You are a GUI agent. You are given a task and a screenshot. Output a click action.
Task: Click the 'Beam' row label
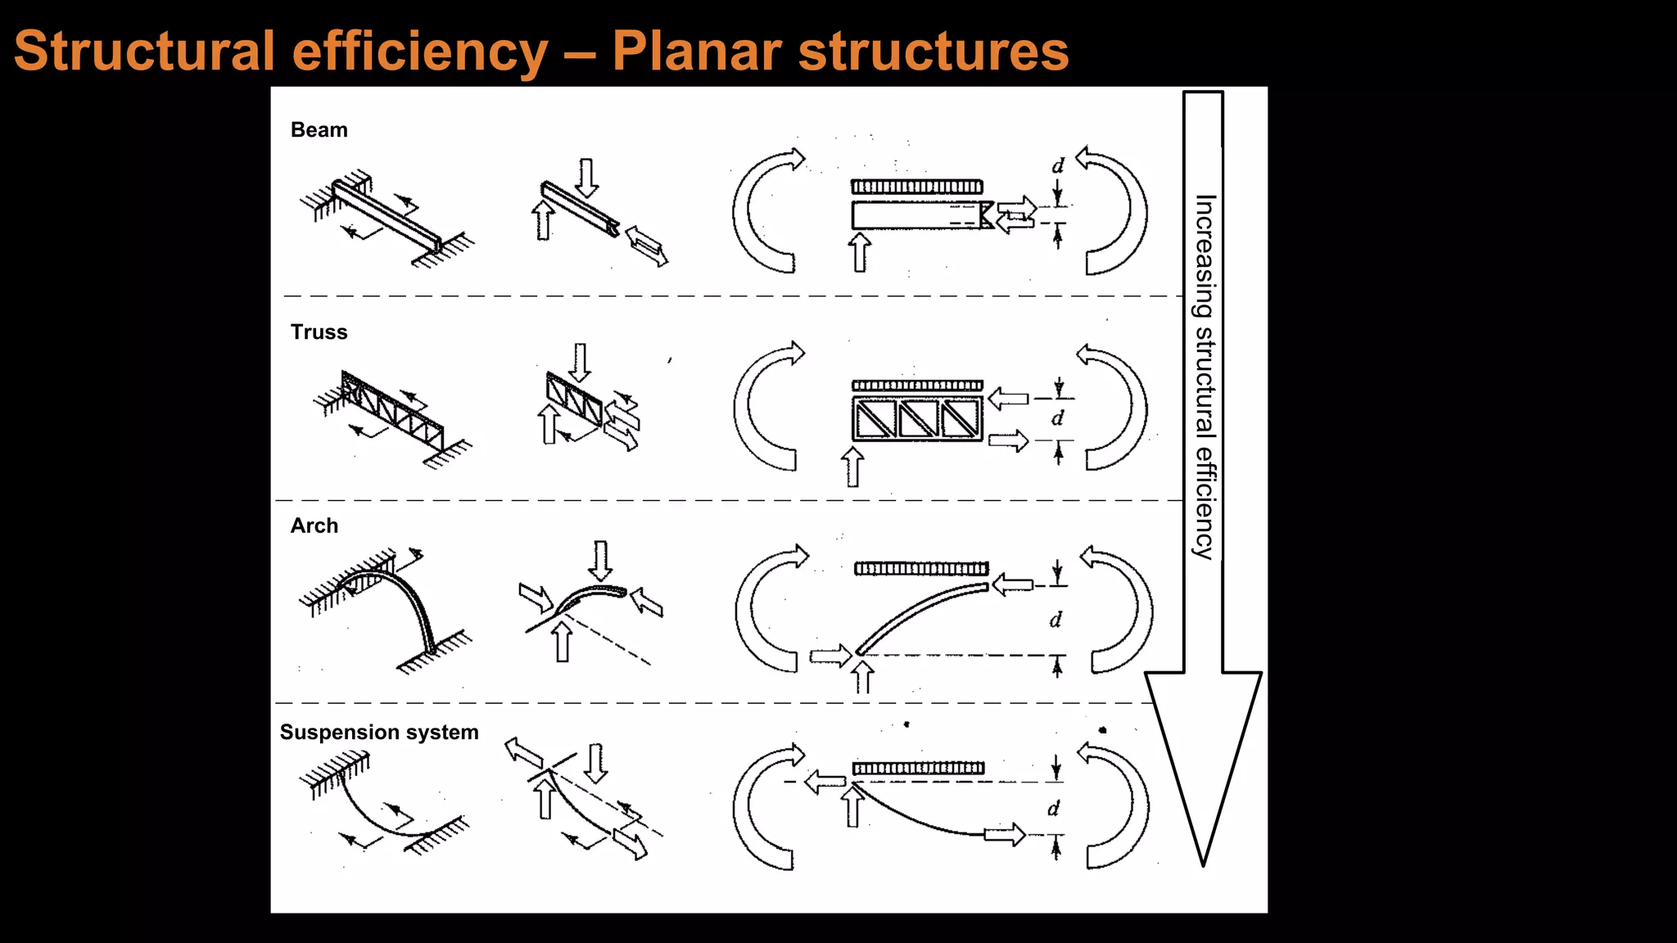[319, 130]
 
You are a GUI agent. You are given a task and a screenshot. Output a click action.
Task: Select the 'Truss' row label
[319, 332]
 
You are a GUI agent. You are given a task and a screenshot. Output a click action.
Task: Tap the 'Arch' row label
[314, 526]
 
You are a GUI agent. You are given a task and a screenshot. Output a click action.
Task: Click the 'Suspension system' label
[379, 732]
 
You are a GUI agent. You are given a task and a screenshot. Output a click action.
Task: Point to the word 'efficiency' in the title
[420, 51]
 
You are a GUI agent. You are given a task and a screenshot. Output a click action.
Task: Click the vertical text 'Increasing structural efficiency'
[1204, 377]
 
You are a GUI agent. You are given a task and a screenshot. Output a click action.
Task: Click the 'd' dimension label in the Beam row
[1058, 166]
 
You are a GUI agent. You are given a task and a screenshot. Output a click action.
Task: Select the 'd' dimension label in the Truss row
[1058, 418]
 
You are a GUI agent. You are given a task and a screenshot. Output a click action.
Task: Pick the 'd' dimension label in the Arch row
[1055, 620]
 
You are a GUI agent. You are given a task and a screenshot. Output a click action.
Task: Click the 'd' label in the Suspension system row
[1053, 809]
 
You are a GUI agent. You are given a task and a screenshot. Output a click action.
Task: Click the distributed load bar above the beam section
[916, 187]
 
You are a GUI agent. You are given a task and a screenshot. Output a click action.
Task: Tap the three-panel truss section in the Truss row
[917, 418]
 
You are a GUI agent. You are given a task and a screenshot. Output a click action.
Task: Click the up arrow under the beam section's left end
[859, 251]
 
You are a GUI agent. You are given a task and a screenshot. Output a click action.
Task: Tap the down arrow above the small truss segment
[580, 361]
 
